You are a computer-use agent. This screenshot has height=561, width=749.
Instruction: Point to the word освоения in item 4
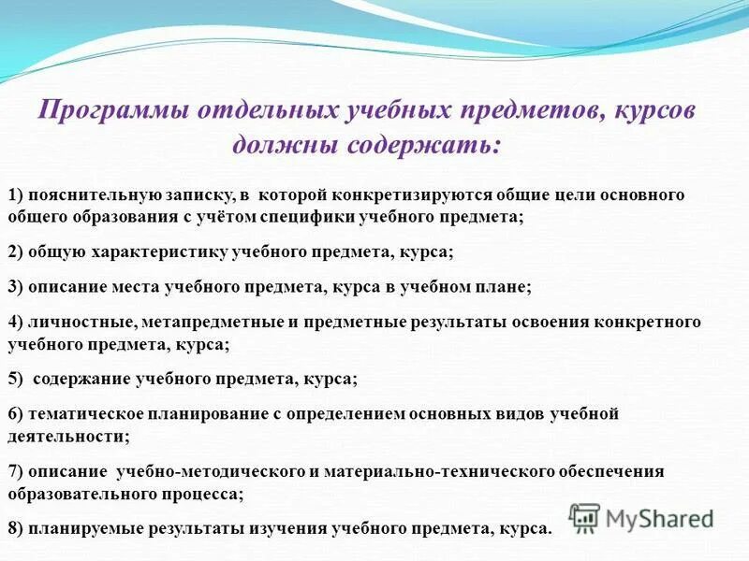542,322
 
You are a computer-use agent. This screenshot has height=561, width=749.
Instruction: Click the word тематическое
79,413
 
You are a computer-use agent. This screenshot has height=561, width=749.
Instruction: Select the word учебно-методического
195,470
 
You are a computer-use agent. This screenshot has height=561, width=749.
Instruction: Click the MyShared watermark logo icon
584,517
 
